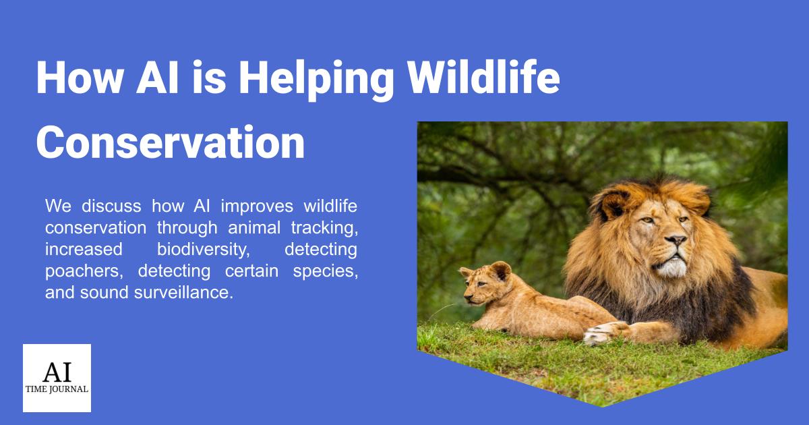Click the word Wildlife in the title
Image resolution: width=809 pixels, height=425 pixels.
[x=483, y=78]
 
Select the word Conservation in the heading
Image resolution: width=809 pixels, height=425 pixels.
[x=171, y=142]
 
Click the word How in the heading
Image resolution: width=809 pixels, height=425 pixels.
[x=80, y=78]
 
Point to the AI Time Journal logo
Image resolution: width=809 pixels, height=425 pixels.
[x=57, y=378]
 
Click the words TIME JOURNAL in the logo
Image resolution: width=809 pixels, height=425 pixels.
[x=57, y=389]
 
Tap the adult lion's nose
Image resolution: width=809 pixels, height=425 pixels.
[x=675, y=239]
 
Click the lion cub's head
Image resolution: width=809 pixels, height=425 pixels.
[x=486, y=283]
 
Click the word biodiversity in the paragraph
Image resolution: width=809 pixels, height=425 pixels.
[x=204, y=250]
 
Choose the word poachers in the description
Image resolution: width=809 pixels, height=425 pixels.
[x=84, y=272]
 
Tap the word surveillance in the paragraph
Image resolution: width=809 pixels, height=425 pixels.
[x=183, y=292]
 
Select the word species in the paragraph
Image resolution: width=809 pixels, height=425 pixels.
[x=325, y=272]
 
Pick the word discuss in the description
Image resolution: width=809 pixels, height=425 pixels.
[x=111, y=206]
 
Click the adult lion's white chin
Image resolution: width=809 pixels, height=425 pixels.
[x=671, y=267]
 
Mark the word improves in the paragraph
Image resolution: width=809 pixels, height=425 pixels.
[x=257, y=206]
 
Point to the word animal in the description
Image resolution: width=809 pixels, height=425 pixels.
[x=254, y=228]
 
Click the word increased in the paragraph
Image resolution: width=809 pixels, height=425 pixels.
[x=84, y=250]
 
